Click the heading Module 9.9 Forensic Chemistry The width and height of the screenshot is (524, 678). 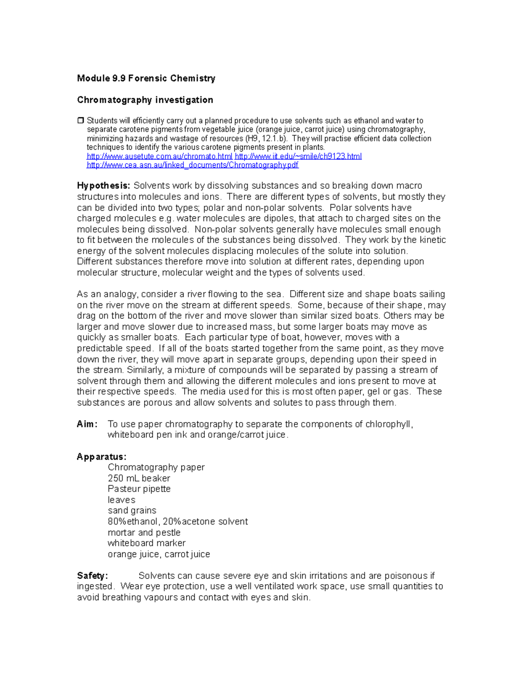tap(146, 79)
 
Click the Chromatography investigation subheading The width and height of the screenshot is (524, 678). tap(145, 100)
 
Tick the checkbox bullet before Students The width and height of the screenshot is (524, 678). tap(80, 120)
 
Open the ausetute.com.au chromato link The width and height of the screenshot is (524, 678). tap(159, 156)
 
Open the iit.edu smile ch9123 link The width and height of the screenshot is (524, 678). tap(298, 156)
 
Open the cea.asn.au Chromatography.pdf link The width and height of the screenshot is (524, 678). tap(193, 165)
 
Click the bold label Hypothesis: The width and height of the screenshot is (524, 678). tap(103, 186)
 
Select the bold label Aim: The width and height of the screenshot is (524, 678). tap(87, 424)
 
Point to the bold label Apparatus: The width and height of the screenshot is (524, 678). tap(101, 457)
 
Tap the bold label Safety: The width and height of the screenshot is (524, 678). tap(92, 576)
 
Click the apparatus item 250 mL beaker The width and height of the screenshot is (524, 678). tap(139, 478)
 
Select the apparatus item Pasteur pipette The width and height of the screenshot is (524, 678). tap(139, 489)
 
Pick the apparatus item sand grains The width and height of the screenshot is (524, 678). tap(132, 510)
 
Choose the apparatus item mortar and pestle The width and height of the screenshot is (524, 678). tap(144, 533)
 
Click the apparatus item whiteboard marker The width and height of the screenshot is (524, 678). tap(147, 543)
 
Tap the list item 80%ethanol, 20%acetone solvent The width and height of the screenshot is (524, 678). tap(178, 522)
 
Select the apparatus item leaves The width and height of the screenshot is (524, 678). tap(121, 500)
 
